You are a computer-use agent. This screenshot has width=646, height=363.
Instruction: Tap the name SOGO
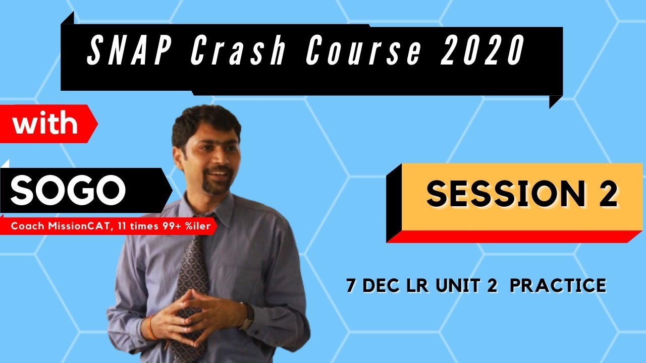click(x=69, y=190)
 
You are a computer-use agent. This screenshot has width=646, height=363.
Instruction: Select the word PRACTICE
click(x=557, y=286)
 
